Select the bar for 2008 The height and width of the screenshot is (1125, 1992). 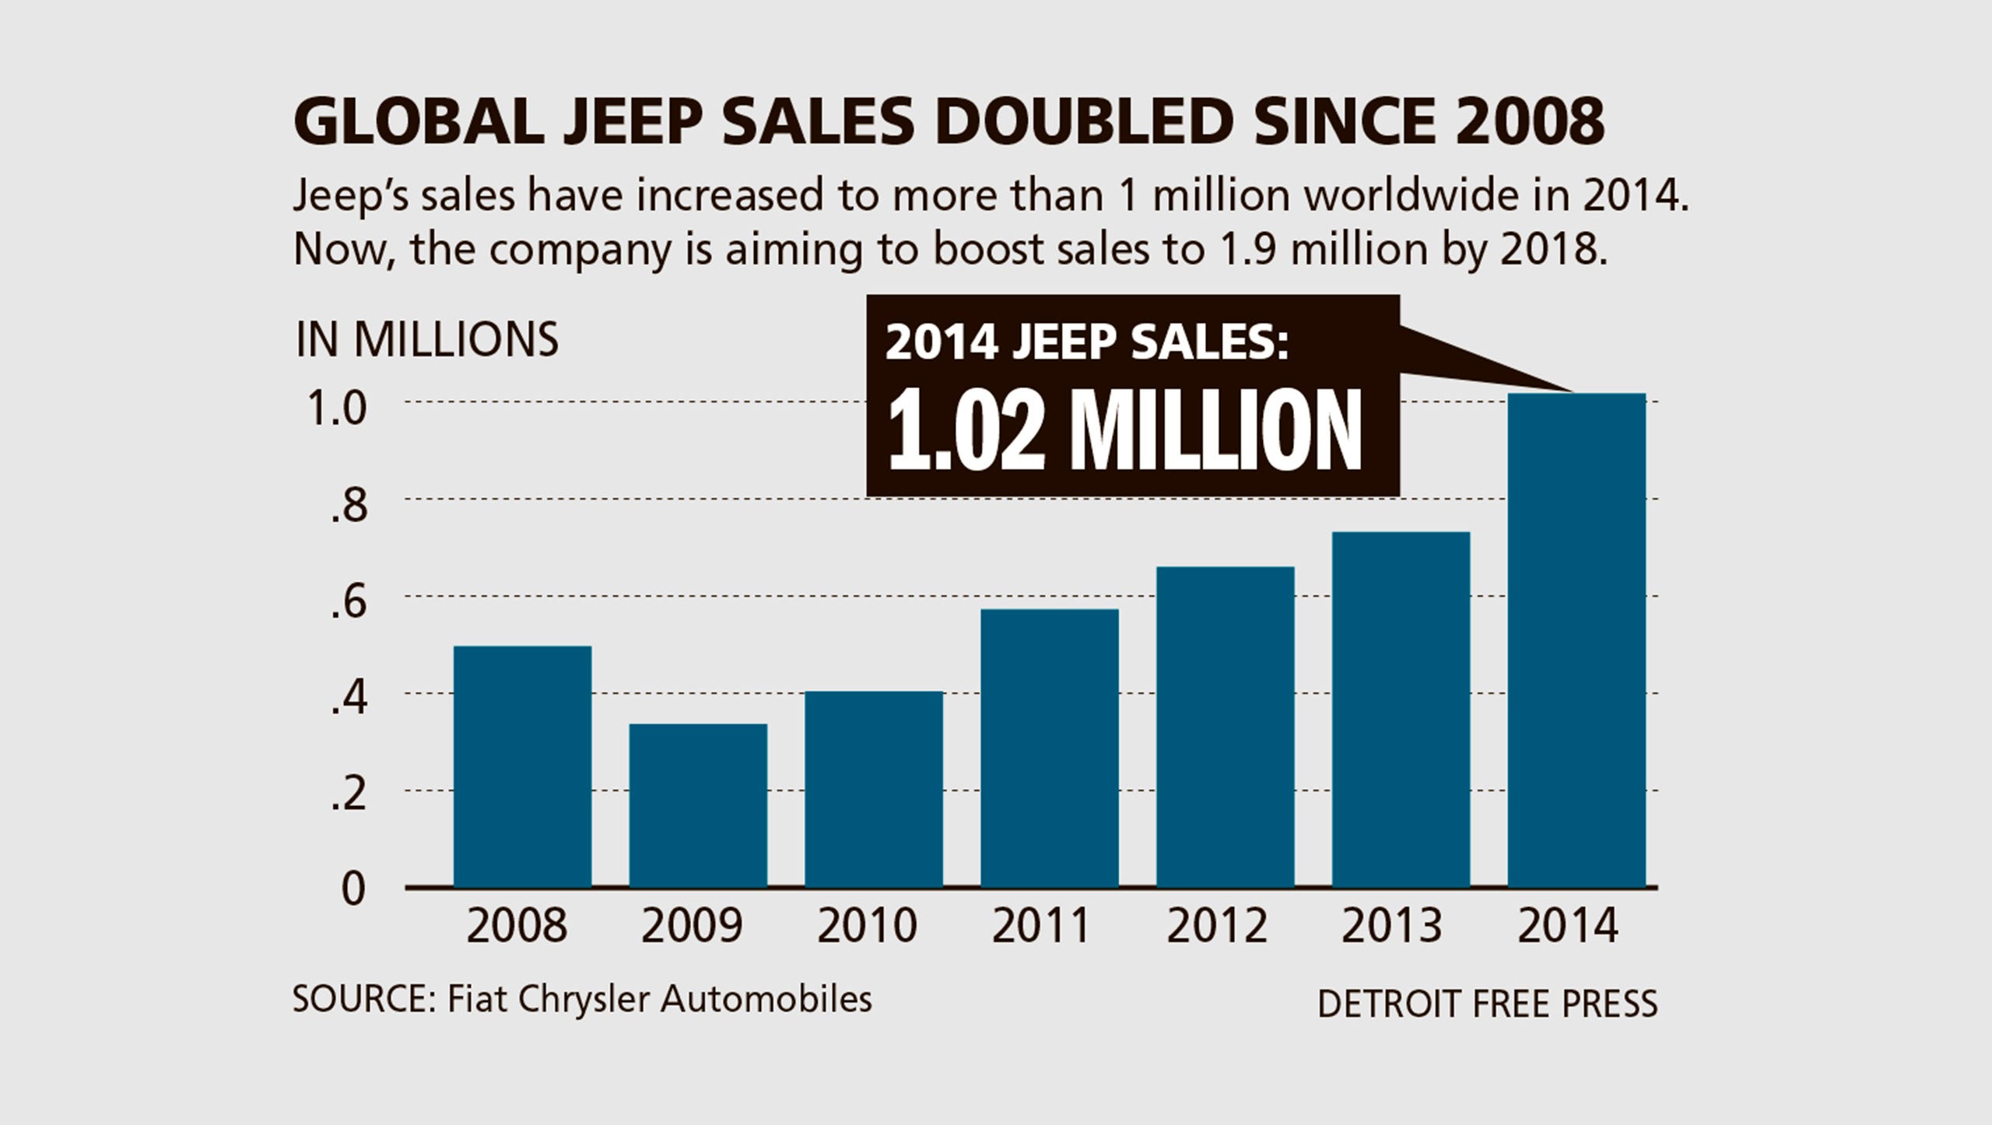click(x=522, y=766)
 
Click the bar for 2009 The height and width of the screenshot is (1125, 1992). click(x=698, y=805)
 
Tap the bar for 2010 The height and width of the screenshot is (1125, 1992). click(x=874, y=789)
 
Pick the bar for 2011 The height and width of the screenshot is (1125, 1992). click(x=1049, y=748)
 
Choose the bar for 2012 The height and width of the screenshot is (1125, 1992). click(x=1225, y=727)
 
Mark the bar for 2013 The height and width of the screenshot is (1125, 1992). click(x=1401, y=710)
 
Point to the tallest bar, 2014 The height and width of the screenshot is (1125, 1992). click(x=1576, y=640)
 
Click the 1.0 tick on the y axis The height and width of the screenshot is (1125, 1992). click(x=337, y=408)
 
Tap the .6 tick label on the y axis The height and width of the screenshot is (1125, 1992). click(x=348, y=603)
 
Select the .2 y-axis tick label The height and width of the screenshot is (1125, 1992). click(x=348, y=796)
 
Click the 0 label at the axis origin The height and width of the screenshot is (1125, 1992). click(x=353, y=889)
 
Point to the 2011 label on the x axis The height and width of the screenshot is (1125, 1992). click(x=1041, y=926)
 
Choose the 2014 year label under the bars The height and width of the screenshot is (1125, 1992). click(x=1568, y=926)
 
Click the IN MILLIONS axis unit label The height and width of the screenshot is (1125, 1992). click(x=426, y=340)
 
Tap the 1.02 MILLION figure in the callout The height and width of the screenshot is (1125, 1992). click(x=1124, y=431)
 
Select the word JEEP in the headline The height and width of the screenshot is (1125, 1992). click(x=633, y=121)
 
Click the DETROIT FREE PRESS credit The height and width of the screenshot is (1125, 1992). click(x=1487, y=1004)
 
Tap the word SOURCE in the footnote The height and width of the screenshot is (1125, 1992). click(x=360, y=1000)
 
